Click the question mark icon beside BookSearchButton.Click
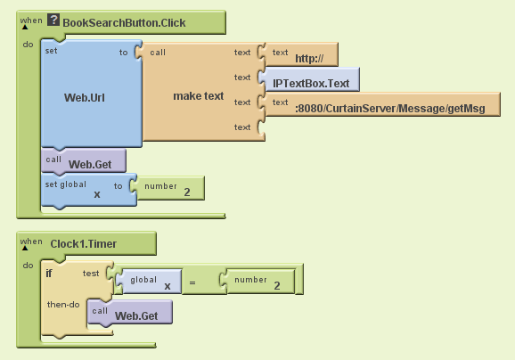[x=53, y=20]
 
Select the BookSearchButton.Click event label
[x=124, y=23]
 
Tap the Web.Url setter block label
[x=85, y=97]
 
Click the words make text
[x=199, y=96]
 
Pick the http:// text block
[x=301, y=54]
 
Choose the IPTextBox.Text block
[x=311, y=79]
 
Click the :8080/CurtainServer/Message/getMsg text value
[x=390, y=109]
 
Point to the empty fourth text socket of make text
[x=261, y=127]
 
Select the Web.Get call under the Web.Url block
[x=84, y=161]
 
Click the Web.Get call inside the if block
[x=130, y=313]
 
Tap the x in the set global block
[x=97, y=194]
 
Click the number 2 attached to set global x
[x=171, y=188]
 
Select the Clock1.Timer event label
[x=84, y=244]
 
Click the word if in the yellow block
[x=49, y=274]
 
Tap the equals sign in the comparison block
[x=192, y=282]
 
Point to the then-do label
[x=63, y=305]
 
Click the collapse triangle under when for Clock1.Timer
[x=25, y=248]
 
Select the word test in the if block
[x=91, y=274]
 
